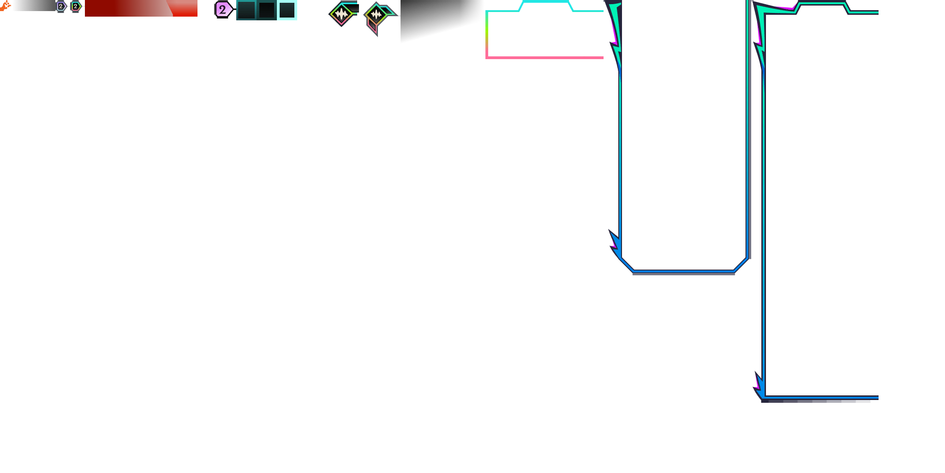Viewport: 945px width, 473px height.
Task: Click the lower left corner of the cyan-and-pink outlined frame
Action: [x=487, y=58]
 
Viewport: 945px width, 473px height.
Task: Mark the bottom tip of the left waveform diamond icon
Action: [x=341, y=26]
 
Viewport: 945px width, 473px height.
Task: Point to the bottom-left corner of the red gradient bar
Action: [x=85, y=16]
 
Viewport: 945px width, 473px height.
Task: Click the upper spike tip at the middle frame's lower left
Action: [x=609, y=230]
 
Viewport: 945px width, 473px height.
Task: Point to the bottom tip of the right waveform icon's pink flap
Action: [x=377, y=36]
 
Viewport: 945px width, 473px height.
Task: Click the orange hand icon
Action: [x=5, y=6]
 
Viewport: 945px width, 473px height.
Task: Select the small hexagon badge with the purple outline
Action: [x=61, y=6]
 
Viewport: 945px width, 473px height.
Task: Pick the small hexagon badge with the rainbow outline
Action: [x=76, y=6]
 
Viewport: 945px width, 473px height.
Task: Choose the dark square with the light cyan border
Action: [x=287, y=10]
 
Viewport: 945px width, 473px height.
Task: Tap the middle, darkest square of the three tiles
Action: [x=267, y=10]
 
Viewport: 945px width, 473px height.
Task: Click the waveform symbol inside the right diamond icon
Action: [x=377, y=14]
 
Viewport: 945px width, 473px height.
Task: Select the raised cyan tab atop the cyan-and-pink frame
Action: [x=546, y=5]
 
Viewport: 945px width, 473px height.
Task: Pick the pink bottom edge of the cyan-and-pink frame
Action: [x=544, y=58]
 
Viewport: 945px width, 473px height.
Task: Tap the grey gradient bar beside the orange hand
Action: [x=35, y=6]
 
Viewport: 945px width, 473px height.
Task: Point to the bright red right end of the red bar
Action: [x=185, y=8]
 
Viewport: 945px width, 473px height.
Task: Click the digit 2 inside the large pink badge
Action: [x=222, y=9]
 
